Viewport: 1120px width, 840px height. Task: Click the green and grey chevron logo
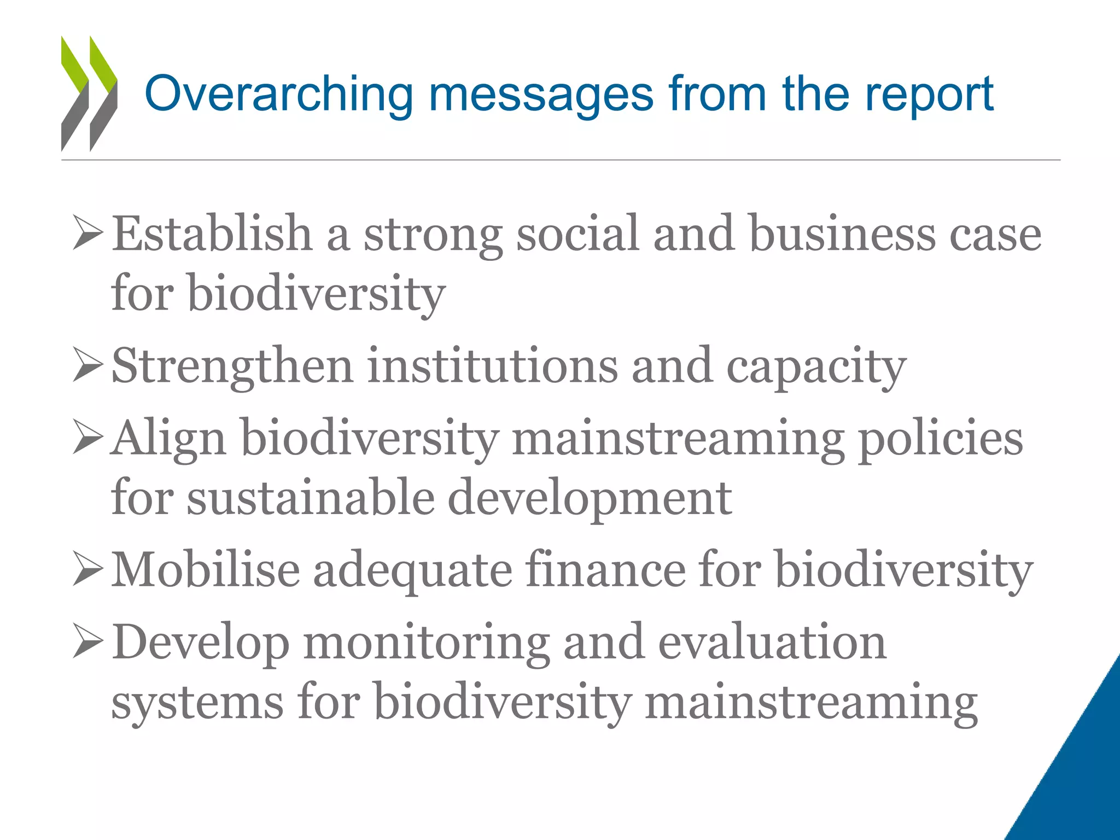pyautogui.click(x=89, y=93)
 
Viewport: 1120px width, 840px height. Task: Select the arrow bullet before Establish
pyautogui.click(x=87, y=233)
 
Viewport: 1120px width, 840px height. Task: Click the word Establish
pyautogui.click(x=212, y=234)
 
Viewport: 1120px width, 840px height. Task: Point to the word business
pyautogui.click(x=842, y=234)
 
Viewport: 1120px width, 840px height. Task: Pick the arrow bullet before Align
pyautogui.click(x=87, y=437)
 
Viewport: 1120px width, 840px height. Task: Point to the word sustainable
pyautogui.click(x=311, y=498)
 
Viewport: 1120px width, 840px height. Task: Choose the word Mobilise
pyautogui.click(x=206, y=570)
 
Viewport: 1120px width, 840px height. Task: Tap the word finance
pyautogui.click(x=605, y=570)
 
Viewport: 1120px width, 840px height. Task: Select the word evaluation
pyautogui.click(x=772, y=642)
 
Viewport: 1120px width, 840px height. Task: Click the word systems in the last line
pyautogui.click(x=197, y=702)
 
